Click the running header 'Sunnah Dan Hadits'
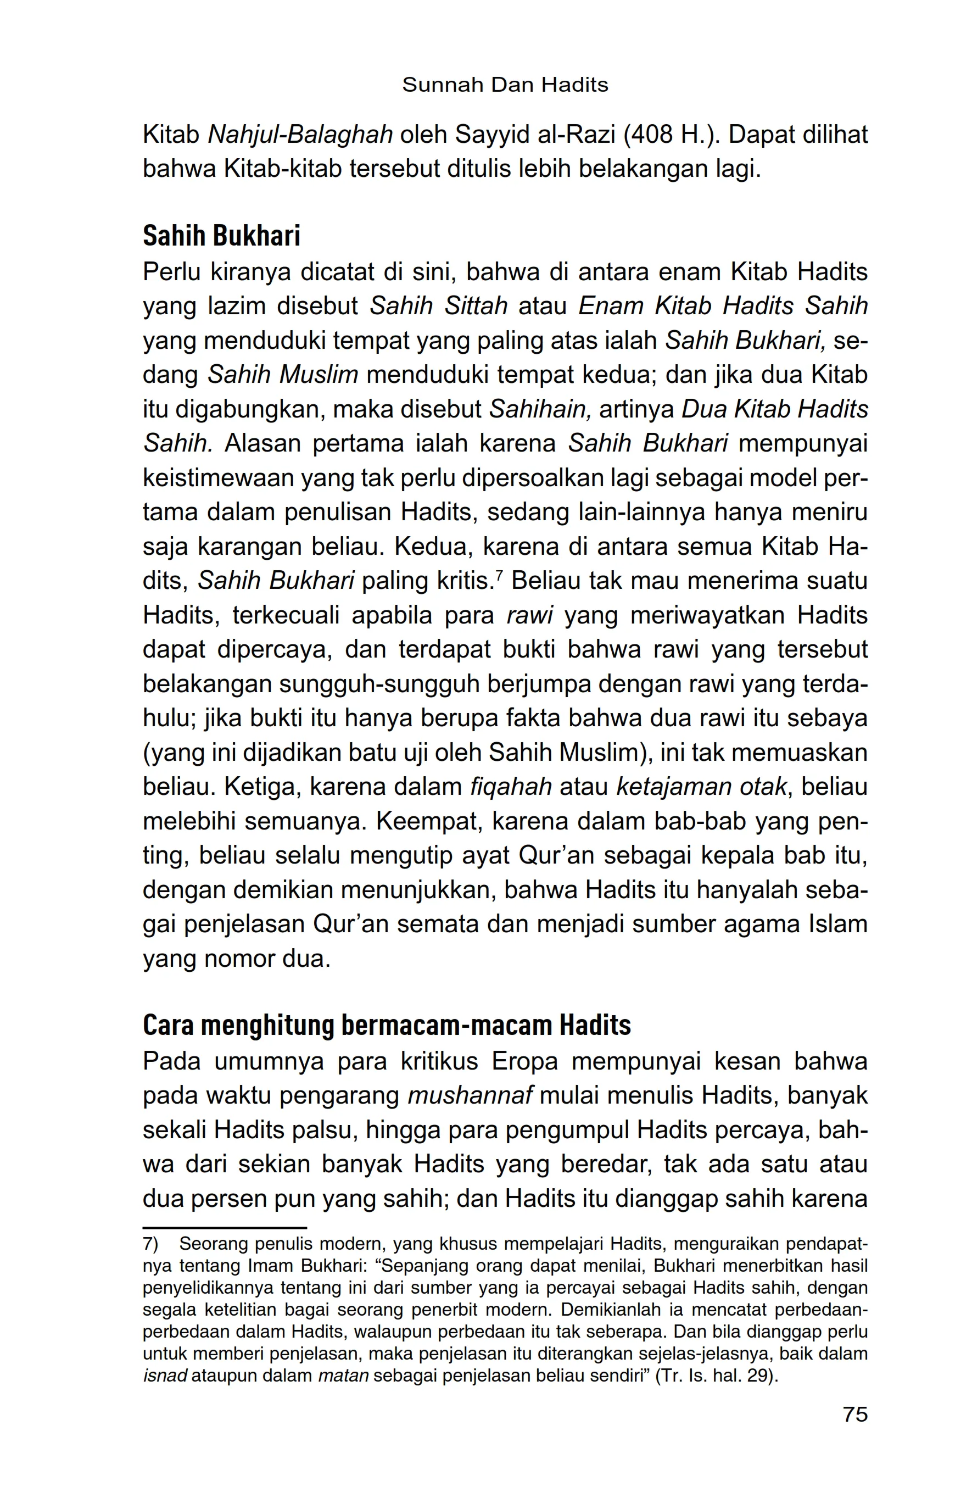505,85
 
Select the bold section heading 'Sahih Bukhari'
221,236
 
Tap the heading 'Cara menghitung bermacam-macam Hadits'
386,1025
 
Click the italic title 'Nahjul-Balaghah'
299,135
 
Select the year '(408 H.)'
669,135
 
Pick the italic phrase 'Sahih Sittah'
439,306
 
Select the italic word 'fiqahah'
511,786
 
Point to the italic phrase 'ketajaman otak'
701,786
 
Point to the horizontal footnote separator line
225,1227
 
